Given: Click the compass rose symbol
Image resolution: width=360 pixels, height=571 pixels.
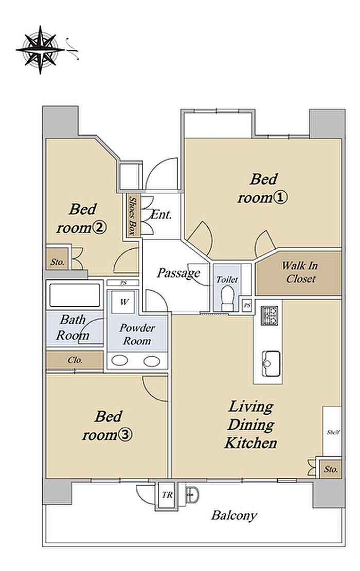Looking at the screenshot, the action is (40, 49).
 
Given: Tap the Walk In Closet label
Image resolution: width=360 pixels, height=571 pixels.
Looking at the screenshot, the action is (299, 272).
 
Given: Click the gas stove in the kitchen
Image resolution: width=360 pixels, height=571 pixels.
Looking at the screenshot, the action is (269, 316).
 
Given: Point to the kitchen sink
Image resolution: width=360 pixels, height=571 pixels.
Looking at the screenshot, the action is (272, 364).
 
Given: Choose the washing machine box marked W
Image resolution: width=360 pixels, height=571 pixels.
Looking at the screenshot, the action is (124, 302).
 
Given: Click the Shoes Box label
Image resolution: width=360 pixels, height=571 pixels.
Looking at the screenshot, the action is (133, 216).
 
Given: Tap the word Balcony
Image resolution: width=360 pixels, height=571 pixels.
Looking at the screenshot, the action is (235, 515).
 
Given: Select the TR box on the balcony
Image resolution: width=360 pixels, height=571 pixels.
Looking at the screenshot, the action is (167, 495).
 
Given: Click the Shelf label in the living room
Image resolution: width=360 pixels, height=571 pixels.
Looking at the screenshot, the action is (333, 432).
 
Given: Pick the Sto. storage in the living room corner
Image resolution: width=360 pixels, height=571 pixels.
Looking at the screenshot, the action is (331, 469).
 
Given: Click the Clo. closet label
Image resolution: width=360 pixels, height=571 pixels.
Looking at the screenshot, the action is (75, 360).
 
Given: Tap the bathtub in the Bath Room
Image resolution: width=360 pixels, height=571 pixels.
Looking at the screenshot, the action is (75, 295).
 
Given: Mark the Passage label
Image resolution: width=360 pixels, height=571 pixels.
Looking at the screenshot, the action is (178, 273).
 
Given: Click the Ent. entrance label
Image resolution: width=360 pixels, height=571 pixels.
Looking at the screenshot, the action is (161, 214).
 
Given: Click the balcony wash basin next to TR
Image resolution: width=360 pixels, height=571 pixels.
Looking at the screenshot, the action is (192, 494).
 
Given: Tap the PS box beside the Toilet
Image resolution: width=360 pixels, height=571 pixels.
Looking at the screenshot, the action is (247, 305).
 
